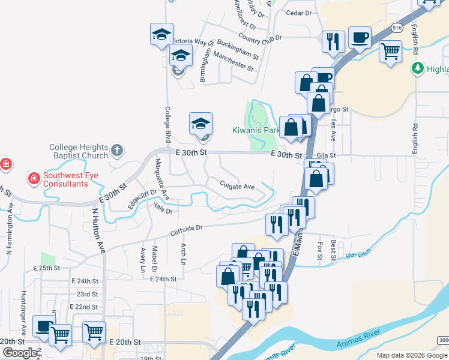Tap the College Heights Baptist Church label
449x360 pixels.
tap(79, 152)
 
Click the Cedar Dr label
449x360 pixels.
tap(300, 13)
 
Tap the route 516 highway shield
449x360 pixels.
tap(397, 28)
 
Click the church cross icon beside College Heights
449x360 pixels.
tap(117, 149)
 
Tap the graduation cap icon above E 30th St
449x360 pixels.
tap(200, 123)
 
